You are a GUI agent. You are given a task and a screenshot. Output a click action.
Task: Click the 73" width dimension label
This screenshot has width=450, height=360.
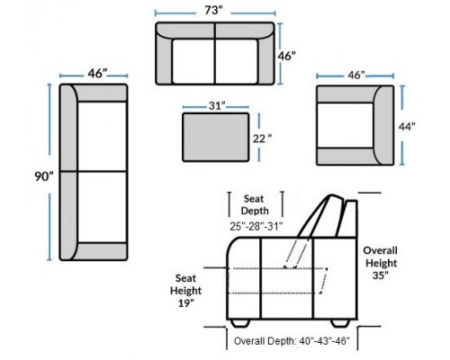point(214,11)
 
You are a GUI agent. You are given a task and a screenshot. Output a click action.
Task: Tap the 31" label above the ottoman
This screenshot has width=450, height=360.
point(217,106)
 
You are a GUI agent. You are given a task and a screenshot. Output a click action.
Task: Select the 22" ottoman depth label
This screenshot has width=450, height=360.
point(263,139)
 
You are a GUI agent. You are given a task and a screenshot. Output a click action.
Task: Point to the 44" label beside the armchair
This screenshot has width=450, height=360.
point(407,127)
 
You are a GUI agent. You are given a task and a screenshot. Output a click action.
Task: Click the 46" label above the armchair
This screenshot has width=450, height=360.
point(356,76)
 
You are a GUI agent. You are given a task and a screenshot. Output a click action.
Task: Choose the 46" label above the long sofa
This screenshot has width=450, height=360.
point(97,74)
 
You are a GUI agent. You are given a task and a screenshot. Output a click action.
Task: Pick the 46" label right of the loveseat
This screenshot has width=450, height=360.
point(286,56)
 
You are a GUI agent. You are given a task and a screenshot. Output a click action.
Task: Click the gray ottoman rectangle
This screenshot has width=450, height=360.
point(216,137)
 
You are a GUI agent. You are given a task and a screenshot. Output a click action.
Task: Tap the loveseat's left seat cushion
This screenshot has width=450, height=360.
point(193,61)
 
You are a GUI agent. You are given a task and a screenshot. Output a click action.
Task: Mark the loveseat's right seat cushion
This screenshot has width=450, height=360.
point(237,61)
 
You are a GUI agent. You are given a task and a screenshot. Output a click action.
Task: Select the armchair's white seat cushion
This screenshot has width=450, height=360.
point(345,125)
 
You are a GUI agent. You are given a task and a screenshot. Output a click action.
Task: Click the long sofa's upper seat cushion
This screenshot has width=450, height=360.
point(102,137)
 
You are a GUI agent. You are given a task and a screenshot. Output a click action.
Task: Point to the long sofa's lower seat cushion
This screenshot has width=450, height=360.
point(102,207)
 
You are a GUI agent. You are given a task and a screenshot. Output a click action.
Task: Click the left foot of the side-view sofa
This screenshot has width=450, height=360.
point(240,323)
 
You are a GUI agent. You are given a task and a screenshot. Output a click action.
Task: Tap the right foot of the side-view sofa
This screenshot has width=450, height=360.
point(340,323)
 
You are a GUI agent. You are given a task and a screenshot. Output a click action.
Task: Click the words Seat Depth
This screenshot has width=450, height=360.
point(255,204)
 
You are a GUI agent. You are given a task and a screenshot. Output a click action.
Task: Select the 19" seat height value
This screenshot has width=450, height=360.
point(186,303)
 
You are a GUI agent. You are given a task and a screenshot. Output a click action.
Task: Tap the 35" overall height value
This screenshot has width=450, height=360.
point(381,275)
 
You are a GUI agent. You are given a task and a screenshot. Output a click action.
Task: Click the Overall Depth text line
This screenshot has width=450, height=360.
point(292,341)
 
